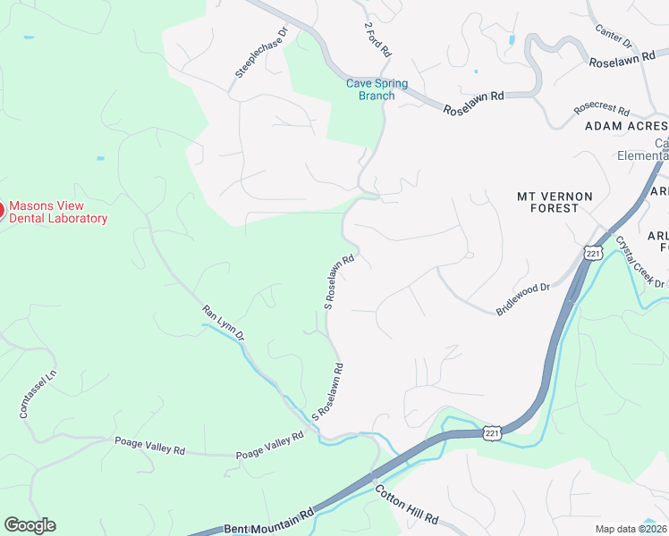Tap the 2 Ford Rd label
(378, 41)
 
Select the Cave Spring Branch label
(377, 89)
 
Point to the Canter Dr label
(614, 35)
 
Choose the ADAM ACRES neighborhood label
(626, 127)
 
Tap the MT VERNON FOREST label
(547, 201)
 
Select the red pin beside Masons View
(1, 211)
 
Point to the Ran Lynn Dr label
(223, 323)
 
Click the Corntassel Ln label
(38, 395)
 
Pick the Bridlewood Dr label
(523, 299)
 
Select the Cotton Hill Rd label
(408, 506)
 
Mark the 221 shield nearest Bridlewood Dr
(592, 255)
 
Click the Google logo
(30, 525)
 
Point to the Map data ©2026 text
(630, 529)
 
